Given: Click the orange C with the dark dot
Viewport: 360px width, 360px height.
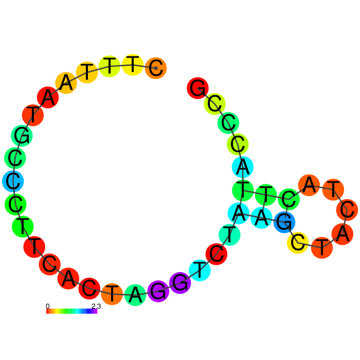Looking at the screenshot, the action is coord(156,68).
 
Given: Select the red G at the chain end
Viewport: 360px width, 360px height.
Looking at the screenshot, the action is coord(197,88).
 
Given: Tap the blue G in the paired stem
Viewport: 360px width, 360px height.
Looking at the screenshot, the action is coord(284,222).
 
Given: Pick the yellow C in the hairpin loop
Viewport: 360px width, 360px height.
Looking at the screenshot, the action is coord(298,243).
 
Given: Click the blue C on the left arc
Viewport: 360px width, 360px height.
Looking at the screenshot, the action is coord(13,181).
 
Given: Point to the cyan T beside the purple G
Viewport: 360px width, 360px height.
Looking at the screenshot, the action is coord(200,270).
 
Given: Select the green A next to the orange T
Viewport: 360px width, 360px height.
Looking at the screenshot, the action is coord(135,295).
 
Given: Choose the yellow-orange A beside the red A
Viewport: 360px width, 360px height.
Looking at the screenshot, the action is coord(66,83).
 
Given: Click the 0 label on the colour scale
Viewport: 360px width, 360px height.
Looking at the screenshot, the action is coord(47,306).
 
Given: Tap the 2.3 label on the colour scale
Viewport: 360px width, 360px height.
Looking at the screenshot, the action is coord(96,306).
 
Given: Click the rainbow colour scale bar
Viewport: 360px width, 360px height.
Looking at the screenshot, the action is coord(71,311).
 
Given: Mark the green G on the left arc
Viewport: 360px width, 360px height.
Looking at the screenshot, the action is coord(22,136).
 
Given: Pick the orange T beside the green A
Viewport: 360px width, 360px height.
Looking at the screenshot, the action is coord(112,294).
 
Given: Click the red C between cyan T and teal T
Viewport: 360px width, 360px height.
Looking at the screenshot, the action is coord(217,254).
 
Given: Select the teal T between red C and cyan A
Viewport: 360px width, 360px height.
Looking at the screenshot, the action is coord(229,235).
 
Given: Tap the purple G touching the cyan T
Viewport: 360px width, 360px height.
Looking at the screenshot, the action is coord(180,283).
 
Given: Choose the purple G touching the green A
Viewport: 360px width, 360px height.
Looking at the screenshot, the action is coord(158,291).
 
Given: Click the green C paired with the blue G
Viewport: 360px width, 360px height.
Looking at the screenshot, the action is coord(289,200).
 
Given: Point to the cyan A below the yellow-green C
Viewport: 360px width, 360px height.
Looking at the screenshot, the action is coord(243,167).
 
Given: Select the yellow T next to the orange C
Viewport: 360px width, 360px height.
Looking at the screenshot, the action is coord(133,65).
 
